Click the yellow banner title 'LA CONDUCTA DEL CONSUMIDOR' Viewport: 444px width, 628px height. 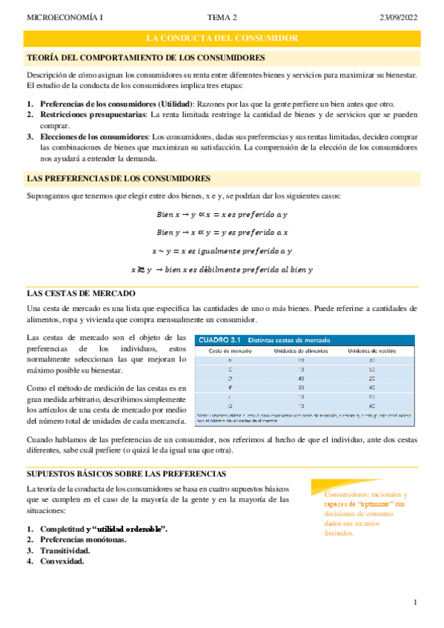click(x=222, y=38)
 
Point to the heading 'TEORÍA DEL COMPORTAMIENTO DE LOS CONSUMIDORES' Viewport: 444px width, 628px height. click(x=146, y=57)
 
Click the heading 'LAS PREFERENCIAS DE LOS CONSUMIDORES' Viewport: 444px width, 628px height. click(x=118, y=178)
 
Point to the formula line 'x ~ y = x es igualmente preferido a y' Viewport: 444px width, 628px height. click(x=222, y=251)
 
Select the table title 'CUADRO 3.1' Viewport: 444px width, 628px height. click(x=219, y=340)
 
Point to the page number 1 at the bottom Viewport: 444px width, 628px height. click(x=417, y=603)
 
